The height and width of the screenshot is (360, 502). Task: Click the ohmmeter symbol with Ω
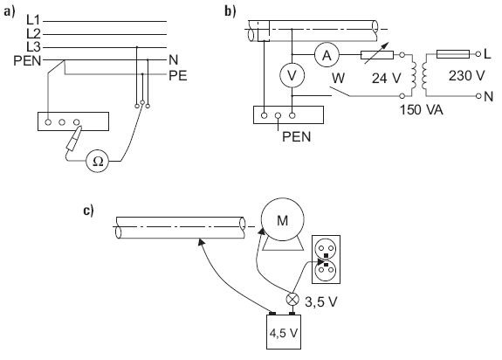[98, 161]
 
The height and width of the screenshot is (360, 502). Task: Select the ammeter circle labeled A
[327, 55]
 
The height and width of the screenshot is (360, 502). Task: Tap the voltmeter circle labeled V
[292, 76]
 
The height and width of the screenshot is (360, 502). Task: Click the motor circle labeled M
[282, 219]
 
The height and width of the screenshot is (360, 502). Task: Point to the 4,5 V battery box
[284, 332]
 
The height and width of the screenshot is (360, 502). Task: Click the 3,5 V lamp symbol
[292, 300]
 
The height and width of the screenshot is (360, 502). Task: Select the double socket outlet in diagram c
[326, 260]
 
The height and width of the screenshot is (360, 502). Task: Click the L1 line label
[33, 20]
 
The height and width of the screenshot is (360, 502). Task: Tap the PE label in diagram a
[178, 76]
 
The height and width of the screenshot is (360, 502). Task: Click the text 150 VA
[421, 110]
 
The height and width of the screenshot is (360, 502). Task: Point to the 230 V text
[466, 76]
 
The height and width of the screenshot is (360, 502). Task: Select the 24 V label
[386, 78]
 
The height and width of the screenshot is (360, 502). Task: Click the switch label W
[338, 78]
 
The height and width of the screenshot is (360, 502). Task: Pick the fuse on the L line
[453, 54]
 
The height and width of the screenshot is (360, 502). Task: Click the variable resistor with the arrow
[377, 55]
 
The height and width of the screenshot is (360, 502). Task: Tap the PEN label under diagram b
[297, 137]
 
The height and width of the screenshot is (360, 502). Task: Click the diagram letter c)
[88, 211]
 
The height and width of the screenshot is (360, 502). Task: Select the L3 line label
[33, 47]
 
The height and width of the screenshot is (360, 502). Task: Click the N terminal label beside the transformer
[489, 96]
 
